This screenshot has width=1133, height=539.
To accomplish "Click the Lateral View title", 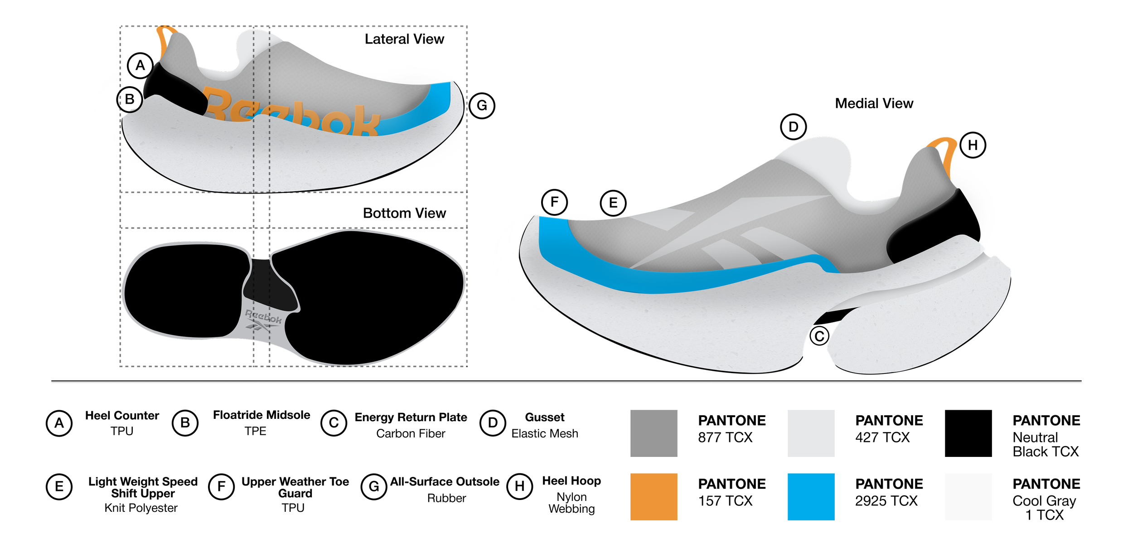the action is click(404, 39).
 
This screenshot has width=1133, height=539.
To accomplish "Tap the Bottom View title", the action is click(404, 213).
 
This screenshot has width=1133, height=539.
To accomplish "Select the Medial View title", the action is click(874, 103).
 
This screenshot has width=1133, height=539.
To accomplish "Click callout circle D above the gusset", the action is click(793, 127).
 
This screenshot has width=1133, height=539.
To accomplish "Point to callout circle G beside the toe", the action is click(482, 106).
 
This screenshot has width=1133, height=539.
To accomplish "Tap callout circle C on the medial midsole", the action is click(819, 336).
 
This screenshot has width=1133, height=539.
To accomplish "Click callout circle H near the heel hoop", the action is click(973, 145).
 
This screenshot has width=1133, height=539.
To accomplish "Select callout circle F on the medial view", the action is click(554, 202).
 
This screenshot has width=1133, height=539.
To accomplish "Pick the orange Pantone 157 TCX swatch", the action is click(654, 497).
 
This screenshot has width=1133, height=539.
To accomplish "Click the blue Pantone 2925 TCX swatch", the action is click(811, 497).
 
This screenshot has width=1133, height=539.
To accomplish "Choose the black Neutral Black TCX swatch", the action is click(968, 433).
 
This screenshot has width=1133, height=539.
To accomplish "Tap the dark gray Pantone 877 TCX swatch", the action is click(654, 433).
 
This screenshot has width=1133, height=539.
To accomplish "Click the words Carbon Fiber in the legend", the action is click(411, 434).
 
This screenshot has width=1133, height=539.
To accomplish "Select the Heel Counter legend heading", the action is click(122, 416).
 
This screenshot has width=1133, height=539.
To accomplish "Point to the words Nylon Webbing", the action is click(571, 503).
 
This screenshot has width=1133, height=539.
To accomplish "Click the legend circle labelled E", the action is click(59, 487).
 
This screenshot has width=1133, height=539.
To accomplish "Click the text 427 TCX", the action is click(882, 437).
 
